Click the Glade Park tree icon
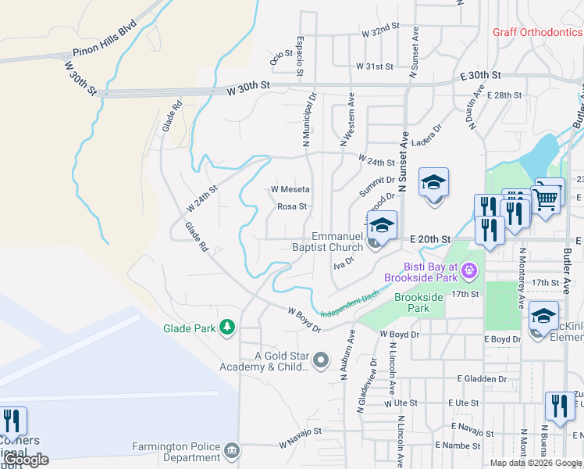227,327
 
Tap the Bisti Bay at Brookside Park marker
468,271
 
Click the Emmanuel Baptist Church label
337,242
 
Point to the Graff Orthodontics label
537,32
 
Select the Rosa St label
292,207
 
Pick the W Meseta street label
290,189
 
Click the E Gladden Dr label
484,379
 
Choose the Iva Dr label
344,262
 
